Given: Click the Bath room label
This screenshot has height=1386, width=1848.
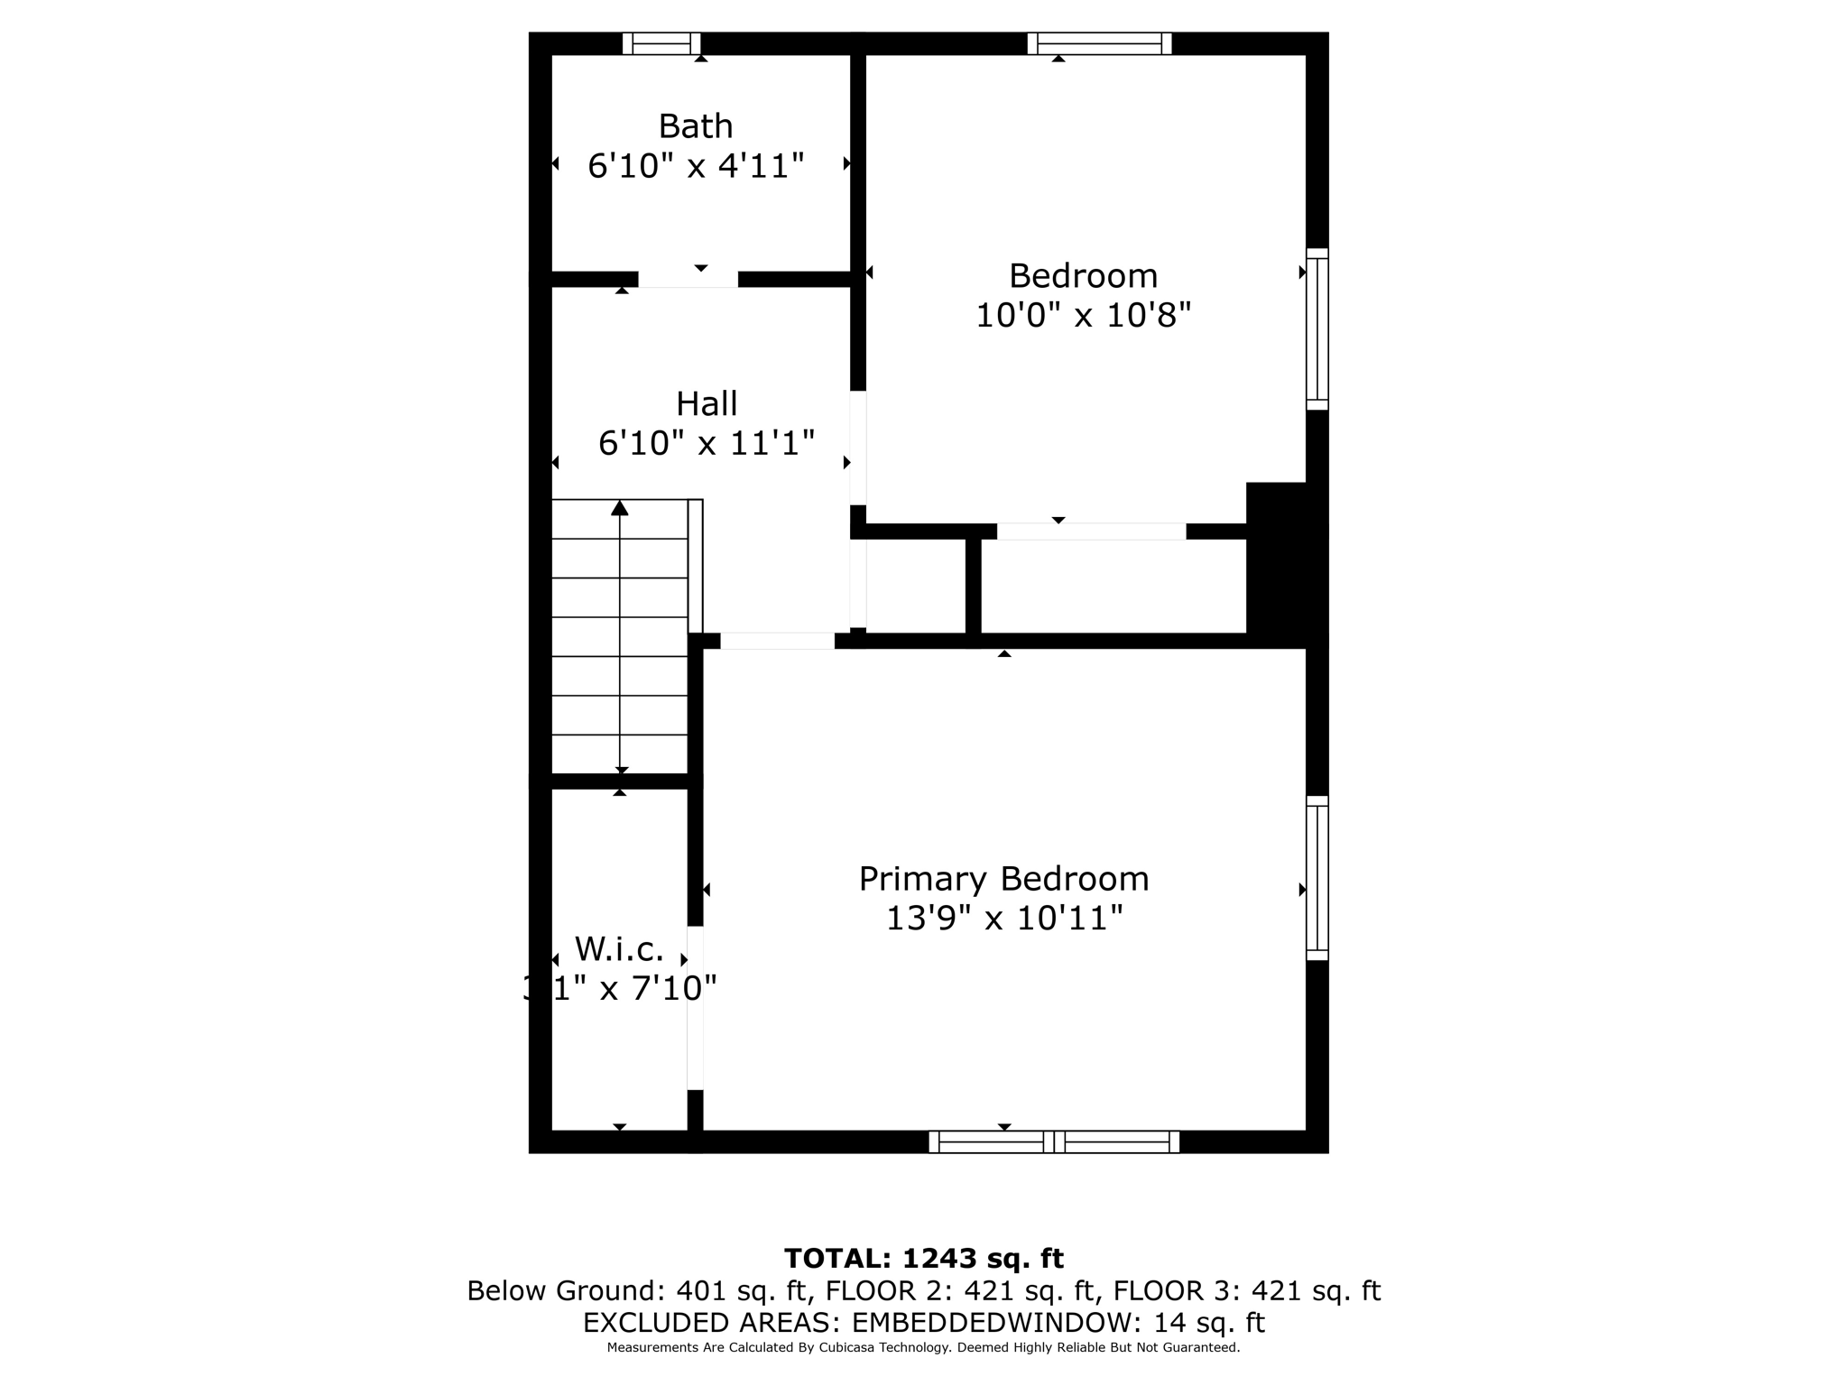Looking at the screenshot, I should point(695,126).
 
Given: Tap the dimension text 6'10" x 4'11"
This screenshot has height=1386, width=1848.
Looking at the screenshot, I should point(695,166).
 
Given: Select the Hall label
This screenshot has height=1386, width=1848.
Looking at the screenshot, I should point(707,403).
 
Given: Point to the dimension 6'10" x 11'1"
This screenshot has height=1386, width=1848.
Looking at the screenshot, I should point(707,443).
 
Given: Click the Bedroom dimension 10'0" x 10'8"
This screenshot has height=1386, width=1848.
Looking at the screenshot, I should point(1083,316).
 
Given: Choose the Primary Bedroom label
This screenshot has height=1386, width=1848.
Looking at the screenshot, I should point(1003,879).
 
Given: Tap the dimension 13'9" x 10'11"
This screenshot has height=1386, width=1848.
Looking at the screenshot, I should point(1003,919).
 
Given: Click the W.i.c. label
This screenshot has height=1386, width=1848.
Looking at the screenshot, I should point(619,949).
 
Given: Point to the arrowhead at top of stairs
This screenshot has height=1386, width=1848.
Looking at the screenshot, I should point(619,509).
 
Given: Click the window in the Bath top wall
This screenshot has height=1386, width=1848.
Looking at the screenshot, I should point(661,43).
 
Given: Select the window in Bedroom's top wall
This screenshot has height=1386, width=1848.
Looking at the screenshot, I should point(1099,43).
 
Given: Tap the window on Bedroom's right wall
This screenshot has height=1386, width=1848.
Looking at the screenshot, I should point(1317,329).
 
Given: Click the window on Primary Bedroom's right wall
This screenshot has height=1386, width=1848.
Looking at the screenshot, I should point(1317,878).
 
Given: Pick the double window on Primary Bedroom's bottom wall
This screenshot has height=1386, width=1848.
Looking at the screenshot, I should point(1054,1141).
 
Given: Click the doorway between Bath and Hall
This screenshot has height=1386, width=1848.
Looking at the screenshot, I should point(688,279).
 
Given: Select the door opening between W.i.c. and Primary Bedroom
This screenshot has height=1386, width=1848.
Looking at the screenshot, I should point(695,1008).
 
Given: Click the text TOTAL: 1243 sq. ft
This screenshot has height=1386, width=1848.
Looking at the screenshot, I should point(923,1258).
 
